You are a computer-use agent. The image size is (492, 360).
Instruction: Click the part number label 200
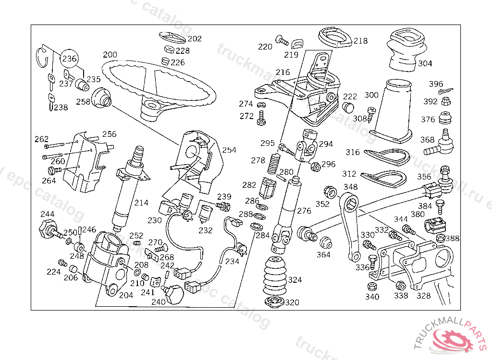point(110,54)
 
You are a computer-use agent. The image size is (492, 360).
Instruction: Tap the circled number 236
point(69,59)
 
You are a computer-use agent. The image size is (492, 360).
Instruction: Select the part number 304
point(425,63)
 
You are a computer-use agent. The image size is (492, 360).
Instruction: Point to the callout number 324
point(295,280)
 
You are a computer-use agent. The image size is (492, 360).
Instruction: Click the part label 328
point(423,296)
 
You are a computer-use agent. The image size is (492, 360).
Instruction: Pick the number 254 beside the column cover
point(229,150)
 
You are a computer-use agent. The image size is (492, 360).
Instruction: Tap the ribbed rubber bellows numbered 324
point(274,278)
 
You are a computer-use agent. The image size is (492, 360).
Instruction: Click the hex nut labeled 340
point(371,287)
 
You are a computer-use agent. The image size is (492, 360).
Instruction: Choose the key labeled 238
point(50,102)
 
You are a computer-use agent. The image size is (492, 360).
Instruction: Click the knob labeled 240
point(174,293)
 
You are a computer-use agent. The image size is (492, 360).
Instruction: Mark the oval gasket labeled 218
point(334,37)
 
